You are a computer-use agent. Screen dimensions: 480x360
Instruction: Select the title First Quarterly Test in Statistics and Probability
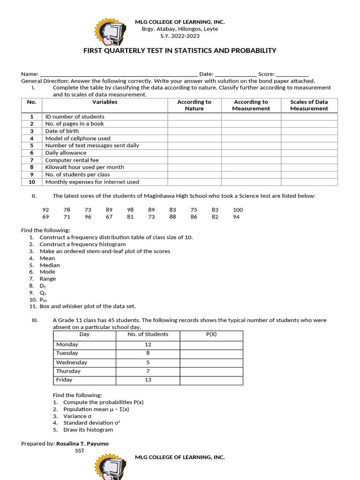[x=180, y=51]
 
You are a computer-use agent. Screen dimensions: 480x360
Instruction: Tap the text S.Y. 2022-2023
[x=180, y=36]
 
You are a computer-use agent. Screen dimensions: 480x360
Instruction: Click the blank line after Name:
[x=119, y=74]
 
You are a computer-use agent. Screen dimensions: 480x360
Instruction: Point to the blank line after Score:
[x=292, y=74]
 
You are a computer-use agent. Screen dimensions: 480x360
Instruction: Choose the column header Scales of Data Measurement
[x=309, y=105]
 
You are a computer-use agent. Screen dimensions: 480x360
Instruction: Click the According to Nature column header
[x=194, y=105]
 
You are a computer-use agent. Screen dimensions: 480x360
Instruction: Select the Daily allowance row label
[x=66, y=153]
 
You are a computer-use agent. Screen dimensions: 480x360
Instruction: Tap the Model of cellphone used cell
[x=78, y=138]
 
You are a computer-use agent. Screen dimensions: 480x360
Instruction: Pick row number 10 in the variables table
[x=31, y=182]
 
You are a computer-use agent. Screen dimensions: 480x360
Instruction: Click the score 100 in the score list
[x=238, y=210]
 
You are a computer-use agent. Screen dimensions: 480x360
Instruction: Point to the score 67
[x=109, y=217]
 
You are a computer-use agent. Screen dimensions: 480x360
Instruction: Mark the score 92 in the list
[x=45, y=210]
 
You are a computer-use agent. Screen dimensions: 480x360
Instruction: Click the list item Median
[x=49, y=265]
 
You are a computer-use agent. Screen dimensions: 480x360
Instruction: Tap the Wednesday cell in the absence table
[x=71, y=362]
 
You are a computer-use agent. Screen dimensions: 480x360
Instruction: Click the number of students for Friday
[x=148, y=380]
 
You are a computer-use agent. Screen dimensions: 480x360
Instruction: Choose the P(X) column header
[x=211, y=335]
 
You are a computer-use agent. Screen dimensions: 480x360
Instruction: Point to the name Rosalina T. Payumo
[x=82, y=443]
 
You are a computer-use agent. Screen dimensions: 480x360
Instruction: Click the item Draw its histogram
[x=88, y=430]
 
